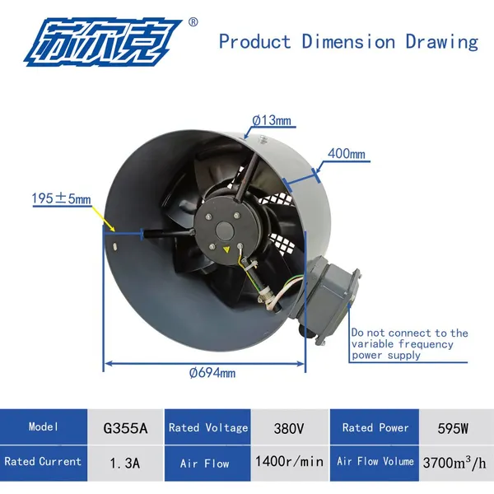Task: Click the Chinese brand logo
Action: coord(103,43)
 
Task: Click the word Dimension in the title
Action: coord(348,42)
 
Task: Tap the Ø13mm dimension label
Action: coord(272,120)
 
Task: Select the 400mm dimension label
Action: coord(347,154)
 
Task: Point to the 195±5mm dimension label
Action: coord(61,198)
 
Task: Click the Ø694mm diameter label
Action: coord(212,373)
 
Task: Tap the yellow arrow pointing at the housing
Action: coord(103,219)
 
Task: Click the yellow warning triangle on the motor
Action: coord(226,250)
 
